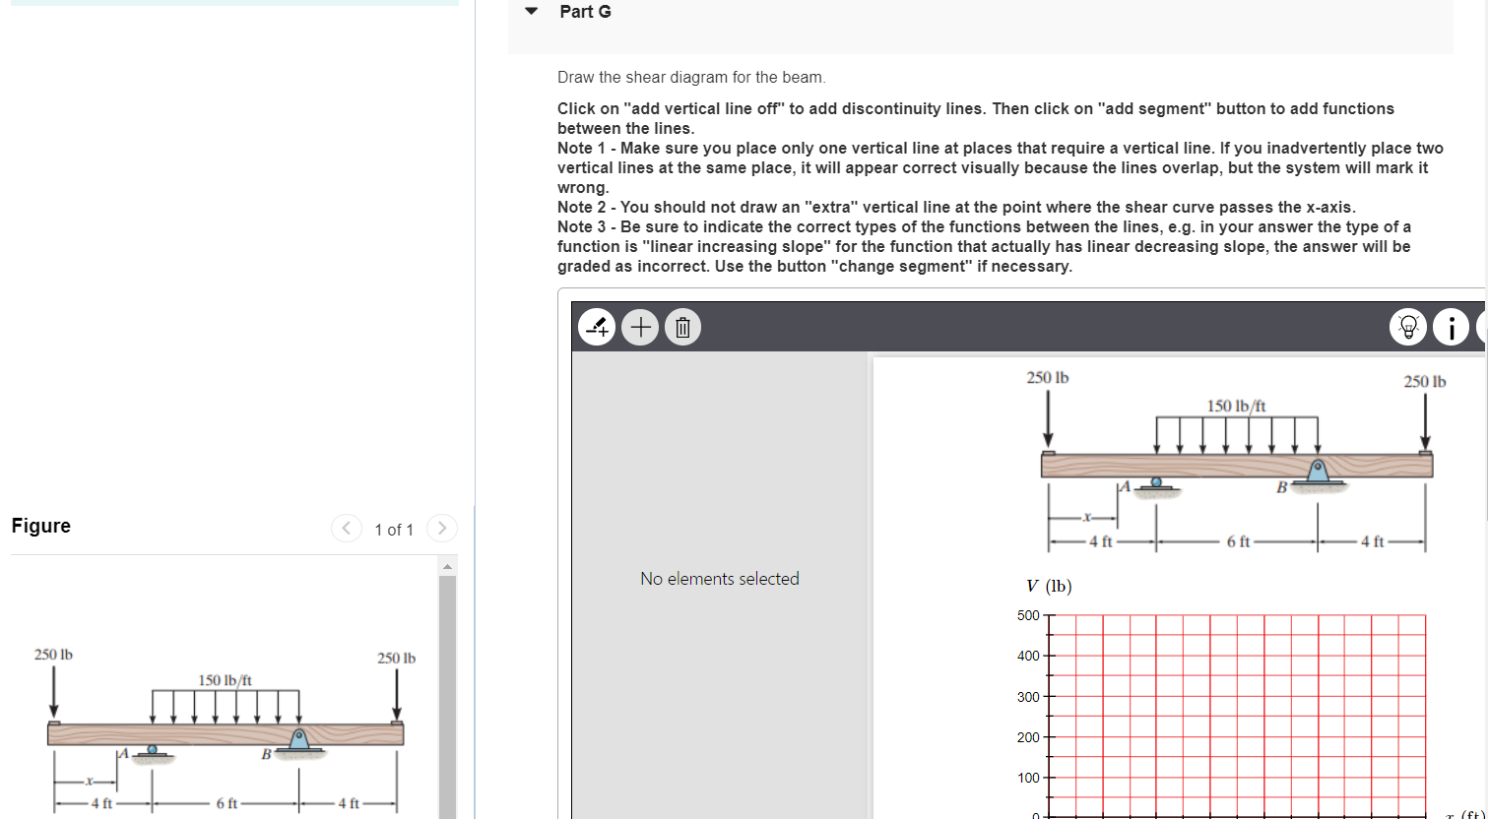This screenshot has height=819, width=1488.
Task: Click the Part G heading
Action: (x=585, y=12)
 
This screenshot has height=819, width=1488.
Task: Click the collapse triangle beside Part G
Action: (x=532, y=12)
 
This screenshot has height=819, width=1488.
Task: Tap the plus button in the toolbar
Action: (x=640, y=328)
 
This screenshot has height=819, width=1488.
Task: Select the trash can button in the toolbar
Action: (x=683, y=328)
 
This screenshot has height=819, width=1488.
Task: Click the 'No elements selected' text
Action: (x=719, y=579)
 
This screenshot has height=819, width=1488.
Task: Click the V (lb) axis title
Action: (x=1048, y=587)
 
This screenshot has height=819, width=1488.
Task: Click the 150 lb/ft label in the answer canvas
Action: (x=1236, y=406)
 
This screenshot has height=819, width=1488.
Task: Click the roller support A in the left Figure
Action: (x=152, y=751)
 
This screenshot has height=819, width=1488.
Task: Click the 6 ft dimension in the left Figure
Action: (x=226, y=803)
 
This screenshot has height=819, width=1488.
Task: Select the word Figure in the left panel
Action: (x=41, y=526)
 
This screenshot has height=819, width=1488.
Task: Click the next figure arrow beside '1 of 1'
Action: (x=442, y=529)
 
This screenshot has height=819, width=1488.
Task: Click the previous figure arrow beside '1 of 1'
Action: (x=347, y=529)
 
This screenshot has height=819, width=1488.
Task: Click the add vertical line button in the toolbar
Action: (x=597, y=328)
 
